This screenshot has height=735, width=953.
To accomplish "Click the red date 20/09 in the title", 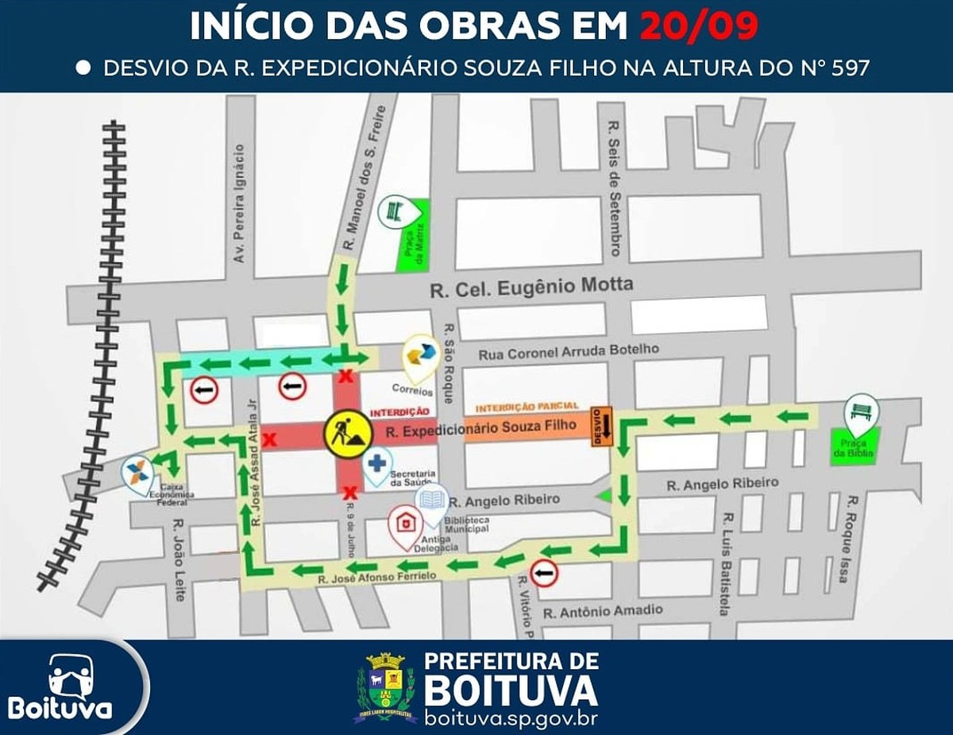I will pos(699,27).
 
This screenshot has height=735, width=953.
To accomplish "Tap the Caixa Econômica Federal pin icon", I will pos(137,470).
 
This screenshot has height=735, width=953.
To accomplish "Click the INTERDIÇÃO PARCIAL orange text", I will pos(527,407).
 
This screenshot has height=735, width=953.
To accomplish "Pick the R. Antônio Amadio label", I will pos(603,611).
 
